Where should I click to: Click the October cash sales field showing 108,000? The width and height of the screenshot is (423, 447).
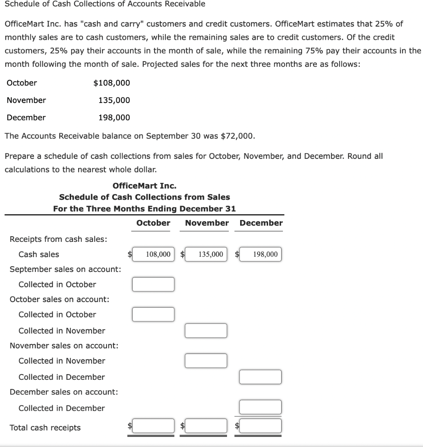(154, 254)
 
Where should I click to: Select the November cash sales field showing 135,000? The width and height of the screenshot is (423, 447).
(206, 254)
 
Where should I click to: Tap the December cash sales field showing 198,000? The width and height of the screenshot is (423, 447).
(261, 254)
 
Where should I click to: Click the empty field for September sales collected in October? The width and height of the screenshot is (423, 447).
(154, 284)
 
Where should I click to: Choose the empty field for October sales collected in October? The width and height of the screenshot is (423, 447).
(154, 314)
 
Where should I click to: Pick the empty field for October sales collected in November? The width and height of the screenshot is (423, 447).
(206, 330)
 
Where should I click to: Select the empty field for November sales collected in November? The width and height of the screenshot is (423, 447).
(206, 361)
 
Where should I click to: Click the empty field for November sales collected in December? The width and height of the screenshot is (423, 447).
(261, 377)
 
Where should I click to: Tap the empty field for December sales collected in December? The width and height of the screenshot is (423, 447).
(261, 407)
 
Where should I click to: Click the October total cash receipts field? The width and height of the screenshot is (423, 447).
(154, 425)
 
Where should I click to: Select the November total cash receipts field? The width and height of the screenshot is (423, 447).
(206, 425)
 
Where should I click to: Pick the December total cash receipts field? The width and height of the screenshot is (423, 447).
(261, 425)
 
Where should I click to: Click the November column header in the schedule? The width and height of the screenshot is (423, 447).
(206, 223)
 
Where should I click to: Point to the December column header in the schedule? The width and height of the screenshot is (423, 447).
(261, 223)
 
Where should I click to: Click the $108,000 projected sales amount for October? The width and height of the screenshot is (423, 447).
(112, 83)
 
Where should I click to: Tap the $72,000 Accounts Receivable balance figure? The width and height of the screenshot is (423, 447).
(237, 136)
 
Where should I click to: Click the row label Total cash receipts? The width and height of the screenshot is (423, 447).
(45, 428)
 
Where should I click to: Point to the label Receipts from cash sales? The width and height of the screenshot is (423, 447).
(58, 239)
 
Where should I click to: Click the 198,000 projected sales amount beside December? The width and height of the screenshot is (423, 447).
(114, 117)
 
